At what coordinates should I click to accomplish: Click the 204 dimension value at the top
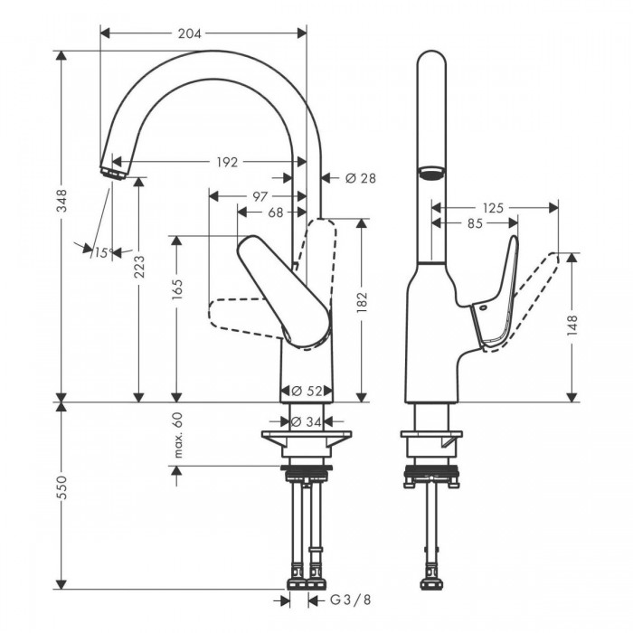189,33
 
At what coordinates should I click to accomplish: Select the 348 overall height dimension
62,200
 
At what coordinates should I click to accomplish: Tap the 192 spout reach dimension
227,162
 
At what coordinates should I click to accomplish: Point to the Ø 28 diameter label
361,177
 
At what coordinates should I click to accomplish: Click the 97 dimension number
260,196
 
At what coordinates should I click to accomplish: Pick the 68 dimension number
276,213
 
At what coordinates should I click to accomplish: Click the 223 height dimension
139,267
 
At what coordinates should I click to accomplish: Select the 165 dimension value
177,289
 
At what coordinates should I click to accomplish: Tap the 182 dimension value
362,302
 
